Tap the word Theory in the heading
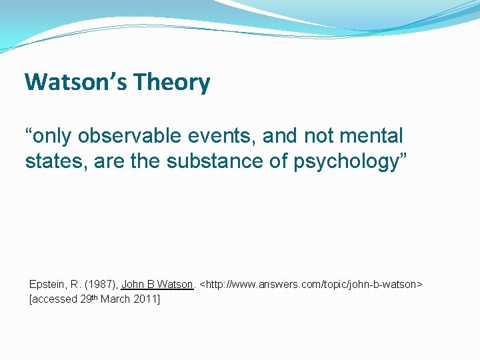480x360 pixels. tap(171, 83)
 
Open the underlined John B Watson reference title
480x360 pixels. tap(157, 285)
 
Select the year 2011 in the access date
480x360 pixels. tap(145, 299)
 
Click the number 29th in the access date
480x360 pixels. tap(89, 299)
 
